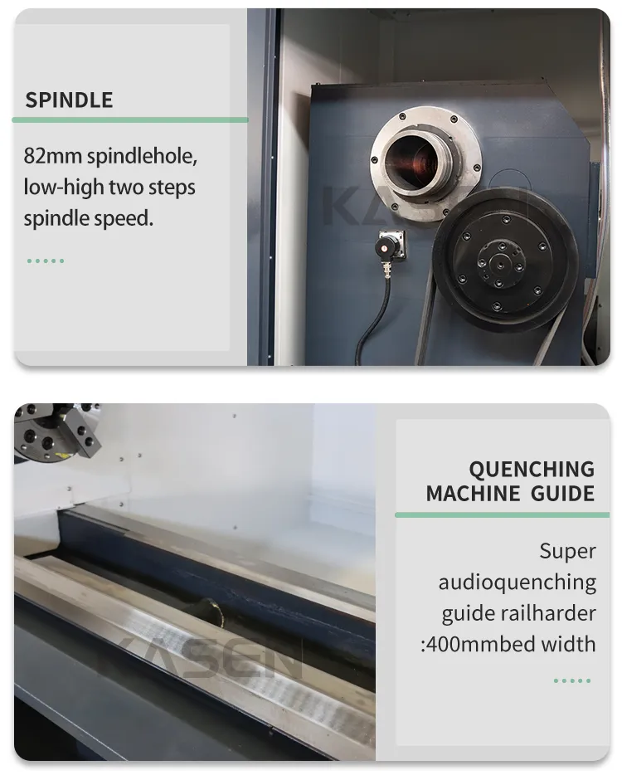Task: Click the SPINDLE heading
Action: (69, 100)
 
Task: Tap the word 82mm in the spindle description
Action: (53, 156)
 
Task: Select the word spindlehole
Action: (143, 156)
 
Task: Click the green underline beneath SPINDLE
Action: (130, 119)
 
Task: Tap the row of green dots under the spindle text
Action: (46, 261)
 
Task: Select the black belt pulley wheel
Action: (505, 261)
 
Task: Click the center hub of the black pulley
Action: (500, 263)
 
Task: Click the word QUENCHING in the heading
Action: (532, 469)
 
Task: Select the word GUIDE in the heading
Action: (563, 494)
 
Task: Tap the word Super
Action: (567, 551)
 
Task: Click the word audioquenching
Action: (518, 582)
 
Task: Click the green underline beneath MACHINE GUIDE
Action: (502, 515)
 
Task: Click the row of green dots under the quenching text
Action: (572, 680)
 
